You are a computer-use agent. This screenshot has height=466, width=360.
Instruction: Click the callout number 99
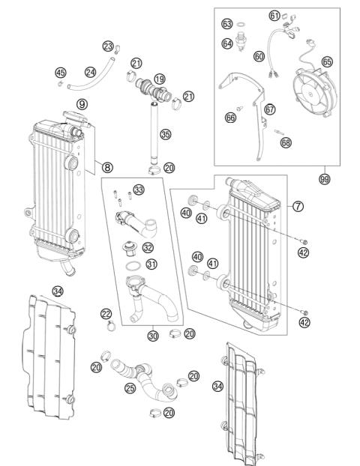click(324, 180)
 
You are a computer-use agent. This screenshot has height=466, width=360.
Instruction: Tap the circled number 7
click(298, 205)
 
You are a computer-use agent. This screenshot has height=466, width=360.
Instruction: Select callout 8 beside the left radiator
click(108, 168)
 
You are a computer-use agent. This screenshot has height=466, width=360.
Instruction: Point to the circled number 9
click(82, 103)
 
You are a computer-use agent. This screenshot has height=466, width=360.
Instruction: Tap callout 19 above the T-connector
click(159, 79)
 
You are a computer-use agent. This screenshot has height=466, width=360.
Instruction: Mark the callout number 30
click(153, 336)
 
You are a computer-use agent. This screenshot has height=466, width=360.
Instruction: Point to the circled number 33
click(139, 189)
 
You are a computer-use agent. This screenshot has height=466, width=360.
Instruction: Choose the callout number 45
click(61, 73)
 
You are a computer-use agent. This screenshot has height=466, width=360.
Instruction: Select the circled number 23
click(108, 47)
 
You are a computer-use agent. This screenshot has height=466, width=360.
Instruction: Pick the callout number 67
click(270, 109)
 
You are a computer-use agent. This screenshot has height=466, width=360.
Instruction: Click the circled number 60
click(259, 55)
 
